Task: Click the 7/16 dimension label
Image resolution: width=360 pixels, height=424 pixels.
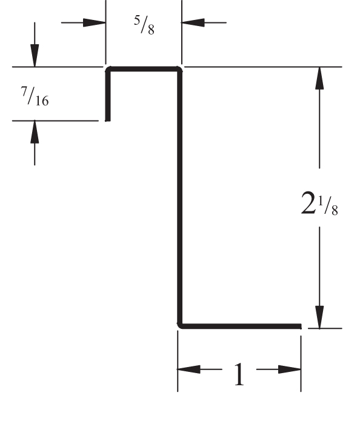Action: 35,96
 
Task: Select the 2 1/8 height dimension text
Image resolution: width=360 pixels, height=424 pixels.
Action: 319,203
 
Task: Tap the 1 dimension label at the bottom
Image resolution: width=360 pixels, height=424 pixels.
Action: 239,374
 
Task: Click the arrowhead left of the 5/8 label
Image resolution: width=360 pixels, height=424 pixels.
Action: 94,23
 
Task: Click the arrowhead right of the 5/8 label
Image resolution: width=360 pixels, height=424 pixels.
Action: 193,22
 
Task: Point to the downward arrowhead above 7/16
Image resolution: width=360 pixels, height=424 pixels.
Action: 35,56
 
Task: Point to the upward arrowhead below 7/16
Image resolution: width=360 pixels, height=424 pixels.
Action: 35,131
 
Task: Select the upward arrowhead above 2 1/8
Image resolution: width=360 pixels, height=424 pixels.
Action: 319,78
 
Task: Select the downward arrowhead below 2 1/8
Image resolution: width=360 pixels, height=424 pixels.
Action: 319,317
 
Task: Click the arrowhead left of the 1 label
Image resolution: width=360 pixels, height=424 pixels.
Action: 189,369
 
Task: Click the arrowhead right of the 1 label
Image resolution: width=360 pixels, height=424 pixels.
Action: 290,369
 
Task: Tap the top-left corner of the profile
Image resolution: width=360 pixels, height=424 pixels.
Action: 108,69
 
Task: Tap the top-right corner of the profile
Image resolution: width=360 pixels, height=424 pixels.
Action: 179,69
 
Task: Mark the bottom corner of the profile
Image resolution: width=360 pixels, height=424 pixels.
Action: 179,326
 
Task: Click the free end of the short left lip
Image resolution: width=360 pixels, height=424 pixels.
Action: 108,121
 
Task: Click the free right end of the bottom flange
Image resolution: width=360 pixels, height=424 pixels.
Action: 301,326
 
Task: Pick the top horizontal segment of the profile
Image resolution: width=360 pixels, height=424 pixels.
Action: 144,69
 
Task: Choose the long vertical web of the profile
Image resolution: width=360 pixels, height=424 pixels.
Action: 179,197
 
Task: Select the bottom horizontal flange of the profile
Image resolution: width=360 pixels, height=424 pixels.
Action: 239,326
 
